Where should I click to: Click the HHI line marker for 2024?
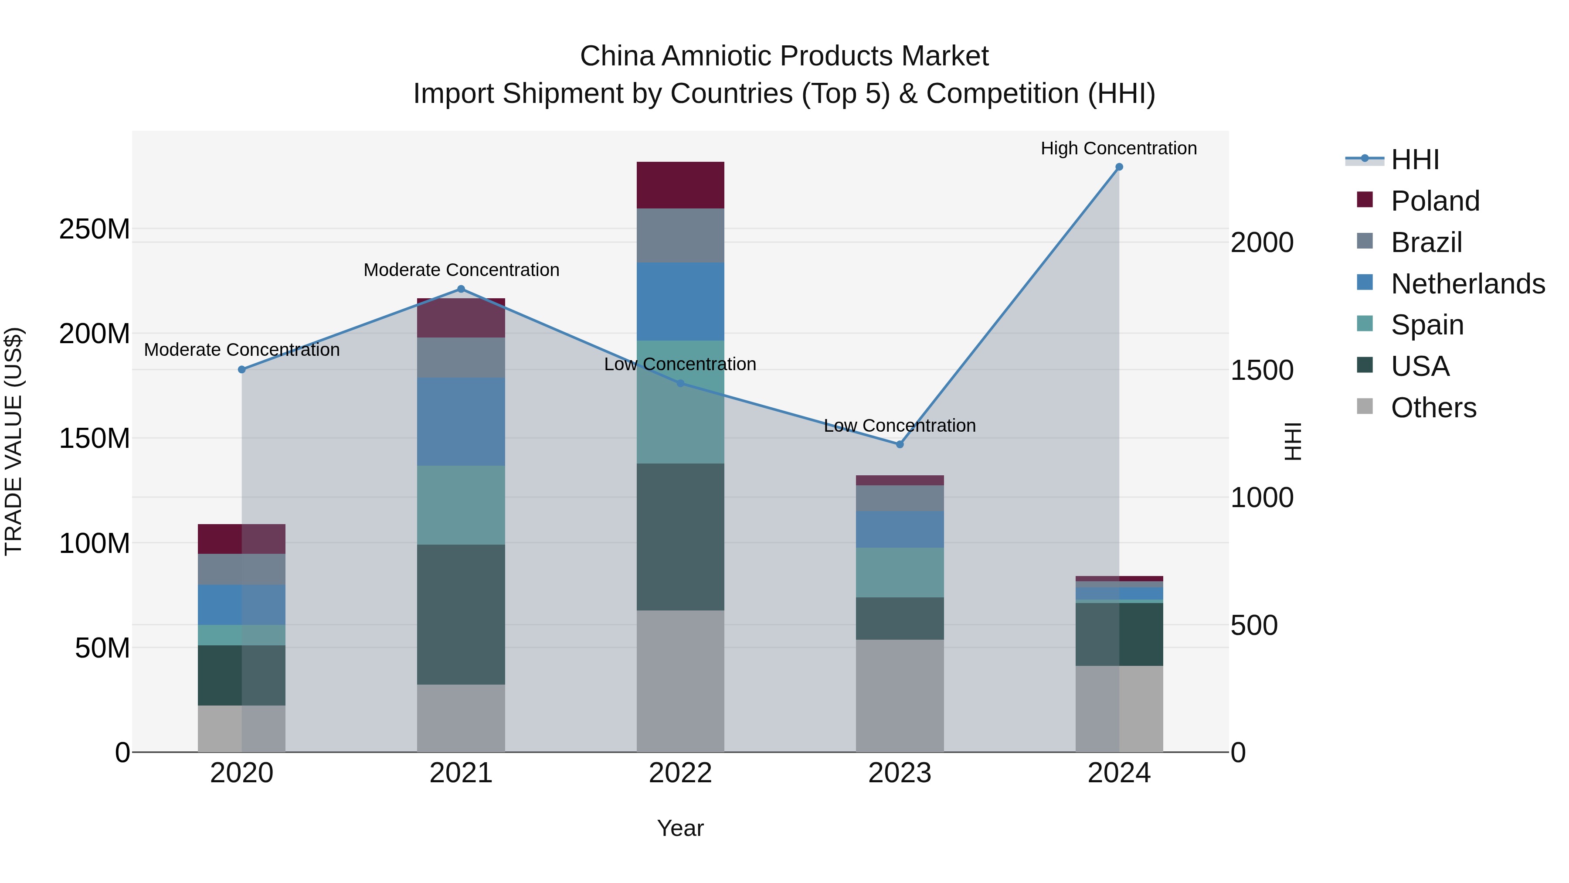[1119, 167]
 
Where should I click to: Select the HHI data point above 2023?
[900, 444]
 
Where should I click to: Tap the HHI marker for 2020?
[242, 369]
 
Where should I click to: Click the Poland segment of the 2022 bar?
[680, 185]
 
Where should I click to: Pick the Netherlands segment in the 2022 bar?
[680, 302]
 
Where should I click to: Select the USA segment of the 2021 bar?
[461, 614]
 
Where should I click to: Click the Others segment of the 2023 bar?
[900, 695]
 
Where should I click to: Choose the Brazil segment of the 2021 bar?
[461, 358]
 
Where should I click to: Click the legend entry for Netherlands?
[1468, 284]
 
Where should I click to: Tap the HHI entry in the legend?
[1415, 160]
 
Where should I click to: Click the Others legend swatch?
[1365, 406]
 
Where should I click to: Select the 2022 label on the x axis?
[680, 773]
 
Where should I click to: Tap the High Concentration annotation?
[1118, 148]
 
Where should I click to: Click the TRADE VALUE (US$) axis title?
[14, 441]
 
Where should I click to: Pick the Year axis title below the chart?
[680, 828]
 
